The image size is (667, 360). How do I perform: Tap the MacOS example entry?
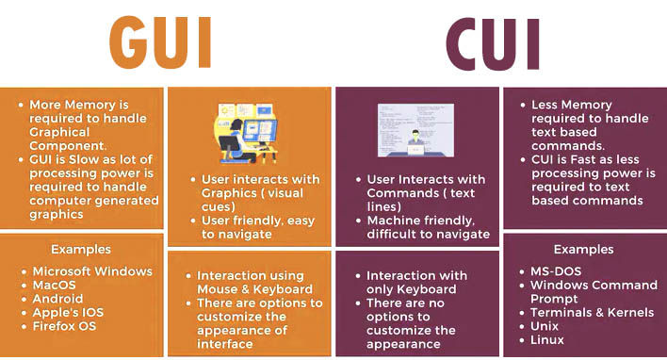pyautogui.click(x=54, y=285)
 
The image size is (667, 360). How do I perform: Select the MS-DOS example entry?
pyautogui.click(x=557, y=271)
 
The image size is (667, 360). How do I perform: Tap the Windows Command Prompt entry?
pyautogui.click(x=594, y=291)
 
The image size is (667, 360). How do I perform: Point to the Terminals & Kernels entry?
pyautogui.click(x=592, y=312)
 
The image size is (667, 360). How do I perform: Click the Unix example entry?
pyautogui.click(x=545, y=326)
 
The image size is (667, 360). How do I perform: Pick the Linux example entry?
pyautogui.click(x=547, y=339)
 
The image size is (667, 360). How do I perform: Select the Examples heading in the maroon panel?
pyautogui.click(x=583, y=250)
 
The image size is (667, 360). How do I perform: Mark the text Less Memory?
pyautogui.click(x=571, y=105)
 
